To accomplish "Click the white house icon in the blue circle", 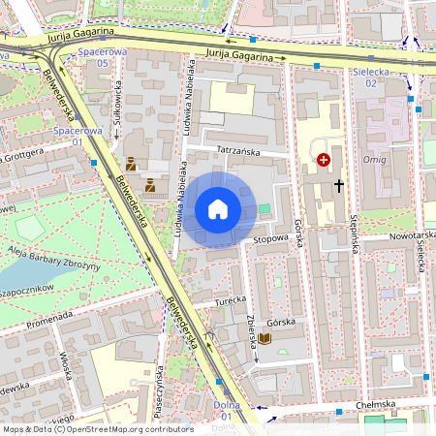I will coord(218,209).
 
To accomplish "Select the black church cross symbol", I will coord(339,184).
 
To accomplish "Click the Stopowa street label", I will coord(271,236).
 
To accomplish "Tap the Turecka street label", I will coord(232,301).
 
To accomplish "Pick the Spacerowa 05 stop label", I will coord(103,56).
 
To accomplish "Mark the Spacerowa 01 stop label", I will coord(78,135).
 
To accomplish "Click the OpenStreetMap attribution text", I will coord(97,428).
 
